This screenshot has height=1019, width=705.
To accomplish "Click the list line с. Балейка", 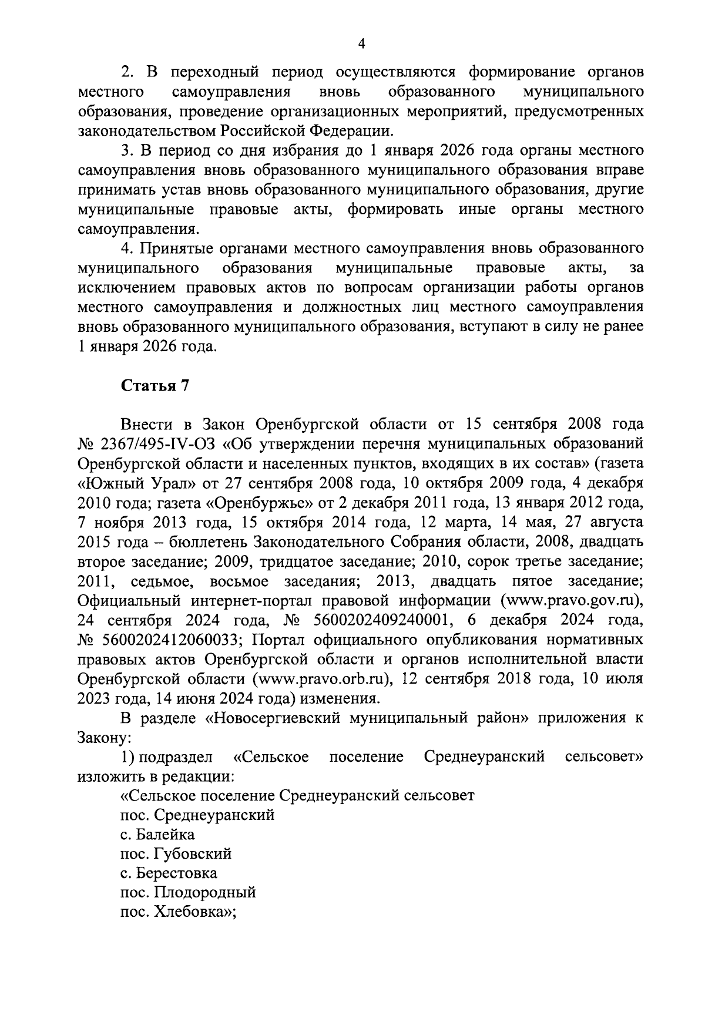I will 157,835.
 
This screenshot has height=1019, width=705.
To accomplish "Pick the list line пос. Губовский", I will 176,854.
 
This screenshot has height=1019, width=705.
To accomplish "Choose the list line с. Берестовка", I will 168,873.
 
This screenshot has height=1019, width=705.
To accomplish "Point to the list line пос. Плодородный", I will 188,893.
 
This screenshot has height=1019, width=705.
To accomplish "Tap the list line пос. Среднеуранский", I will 197,815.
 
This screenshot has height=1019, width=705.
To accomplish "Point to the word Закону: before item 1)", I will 104,737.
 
